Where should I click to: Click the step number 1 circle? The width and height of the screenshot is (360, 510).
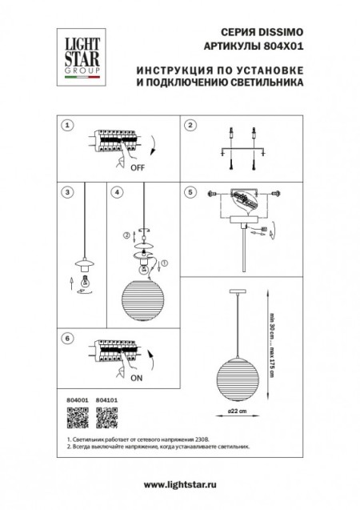pyautogui.click(x=68, y=126)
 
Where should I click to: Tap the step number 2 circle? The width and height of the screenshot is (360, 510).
pyautogui.click(x=190, y=126)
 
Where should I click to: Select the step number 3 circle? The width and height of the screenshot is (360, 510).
pyautogui.click(x=68, y=192)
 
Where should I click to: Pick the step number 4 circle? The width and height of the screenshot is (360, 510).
pyautogui.click(x=117, y=192)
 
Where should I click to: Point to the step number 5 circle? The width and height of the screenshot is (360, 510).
pyautogui.click(x=190, y=192)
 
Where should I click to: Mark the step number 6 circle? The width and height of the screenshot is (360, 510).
pyautogui.click(x=68, y=339)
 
